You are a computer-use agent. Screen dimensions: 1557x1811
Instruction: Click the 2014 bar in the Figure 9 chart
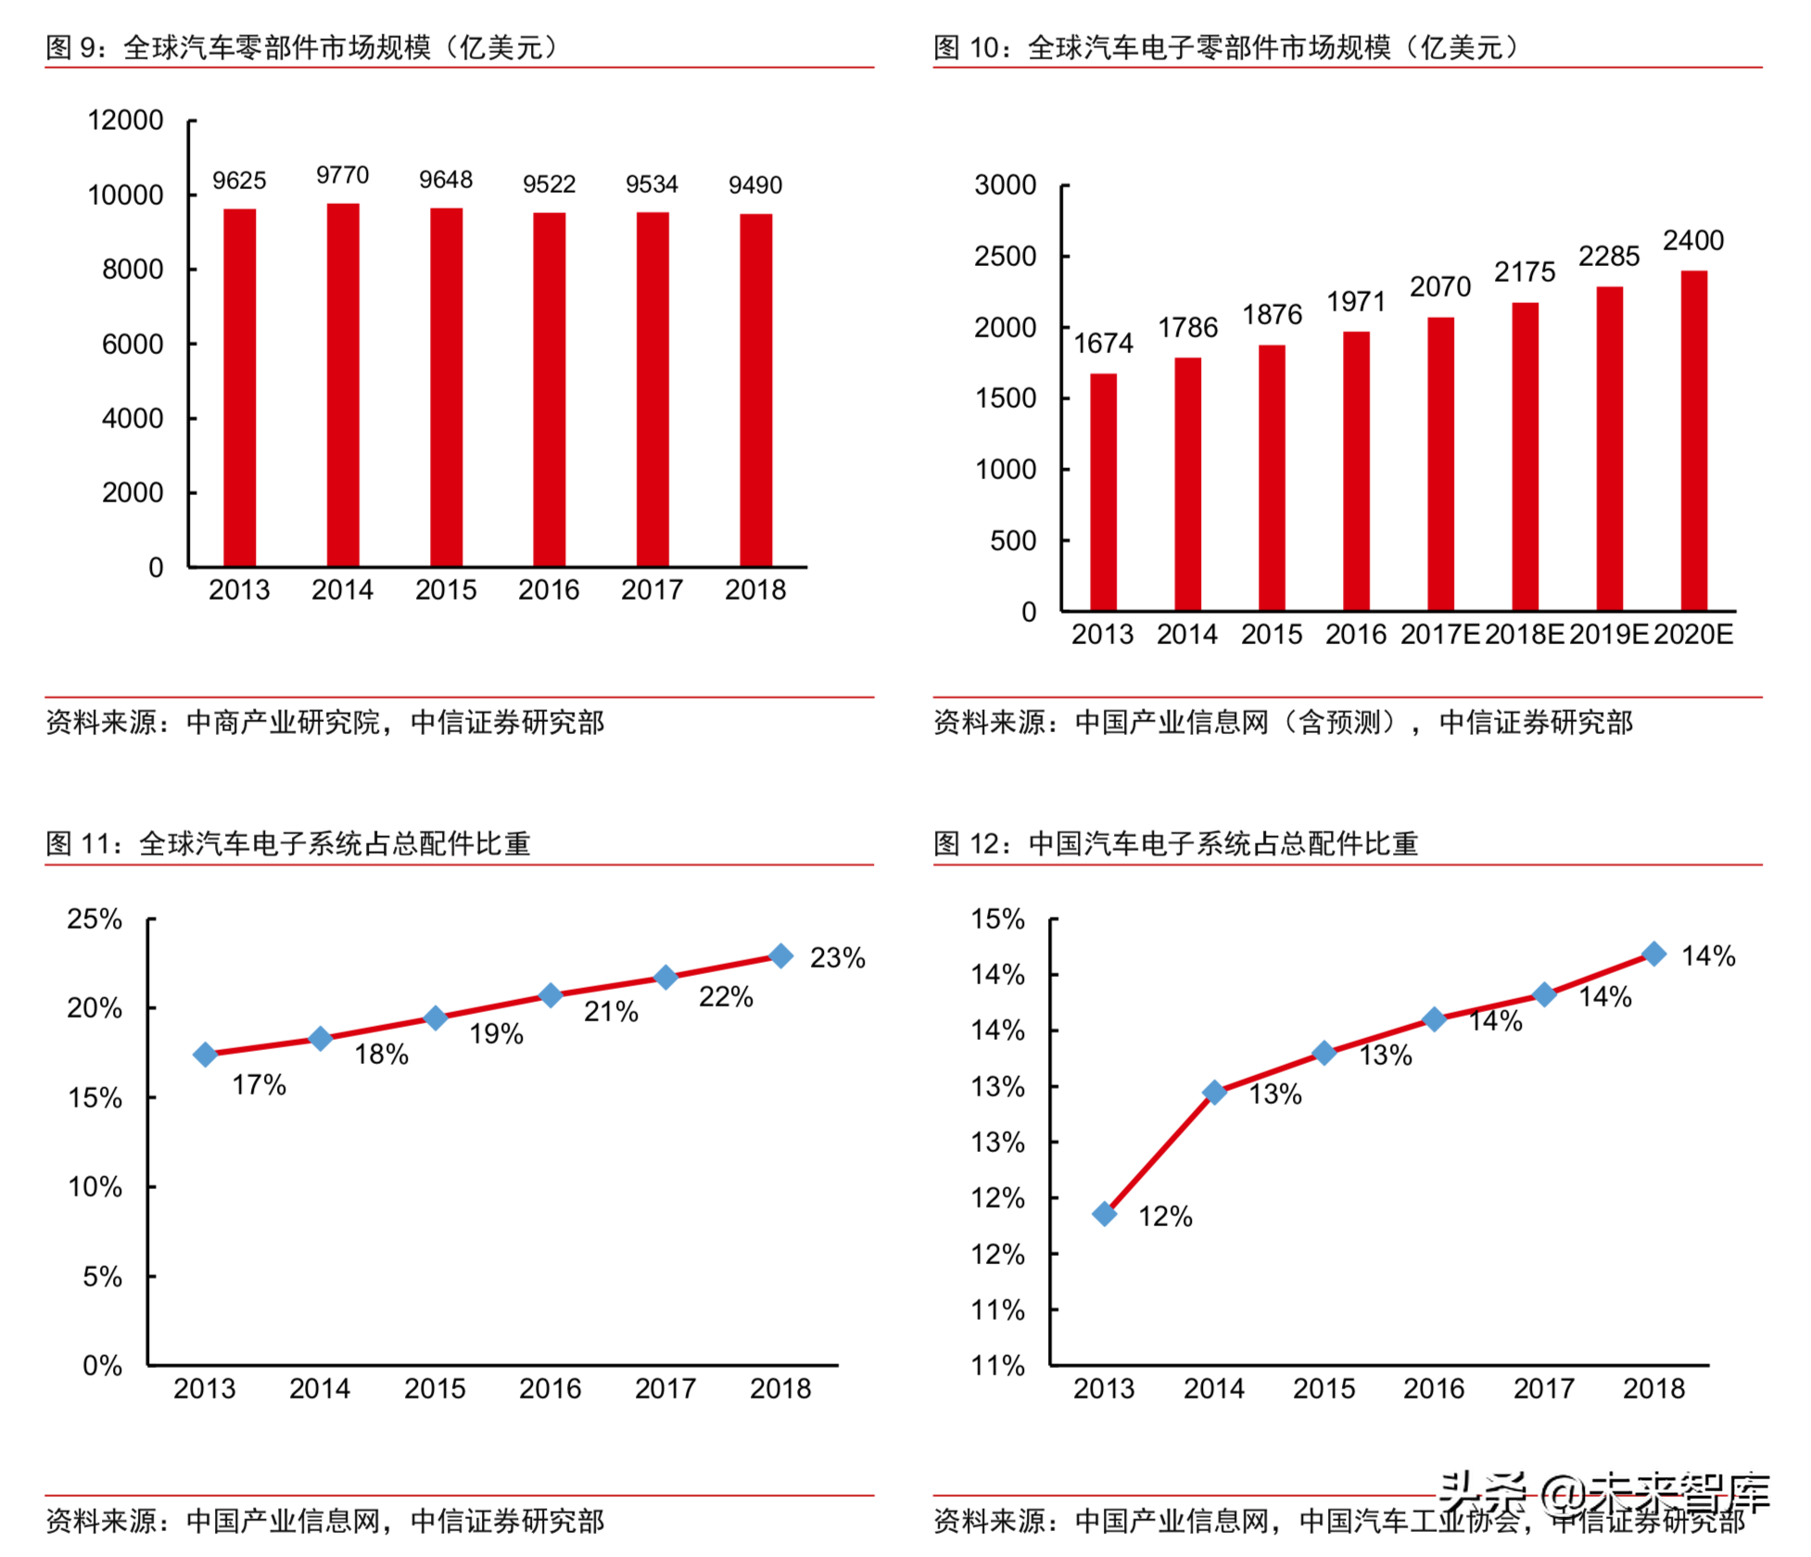[x=343, y=385]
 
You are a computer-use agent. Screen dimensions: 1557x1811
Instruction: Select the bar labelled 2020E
[x=1693, y=440]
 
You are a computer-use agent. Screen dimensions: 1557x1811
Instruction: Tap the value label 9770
[x=342, y=175]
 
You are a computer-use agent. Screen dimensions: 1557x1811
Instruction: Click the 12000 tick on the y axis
[x=125, y=120]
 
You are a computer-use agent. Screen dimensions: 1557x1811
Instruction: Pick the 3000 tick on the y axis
[x=1005, y=185]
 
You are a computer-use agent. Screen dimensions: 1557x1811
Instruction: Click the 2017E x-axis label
[x=1439, y=635]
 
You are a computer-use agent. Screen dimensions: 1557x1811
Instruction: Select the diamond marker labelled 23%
[x=781, y=956]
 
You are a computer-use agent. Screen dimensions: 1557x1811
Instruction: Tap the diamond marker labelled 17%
[x=205, y=1055]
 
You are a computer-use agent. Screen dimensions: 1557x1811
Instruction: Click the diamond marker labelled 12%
[x=1104, y=1214]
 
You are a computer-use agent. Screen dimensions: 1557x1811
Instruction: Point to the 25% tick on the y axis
[x=95, y=919]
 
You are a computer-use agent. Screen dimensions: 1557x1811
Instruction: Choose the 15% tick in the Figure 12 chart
[x=997, y=919]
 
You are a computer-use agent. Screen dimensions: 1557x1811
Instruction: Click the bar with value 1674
[x=1103, y=492]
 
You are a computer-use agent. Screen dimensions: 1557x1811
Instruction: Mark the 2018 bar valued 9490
[x=755, y=390]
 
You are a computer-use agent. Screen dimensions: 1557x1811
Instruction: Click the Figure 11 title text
[x=288, y=843]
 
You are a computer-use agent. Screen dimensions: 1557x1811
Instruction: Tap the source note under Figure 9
[x=325, y=722]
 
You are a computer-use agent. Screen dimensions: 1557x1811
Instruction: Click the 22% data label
[x=726, y=997]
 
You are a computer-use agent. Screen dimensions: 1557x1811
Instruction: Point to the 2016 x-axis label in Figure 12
[x=1433, y=1388]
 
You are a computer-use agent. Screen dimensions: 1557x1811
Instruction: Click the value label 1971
[x=1355, y=302]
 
